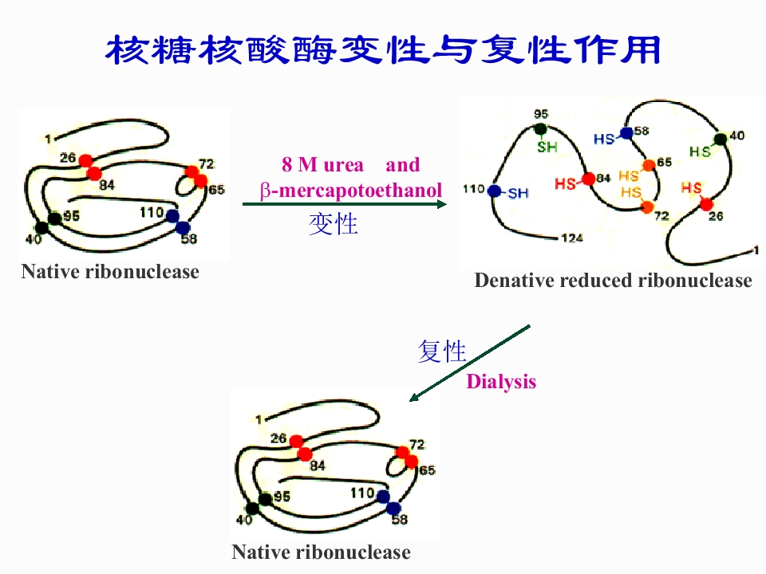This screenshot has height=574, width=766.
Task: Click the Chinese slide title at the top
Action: click(x=383, y=49)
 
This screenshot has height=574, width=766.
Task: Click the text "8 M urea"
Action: click(x=322, y=165)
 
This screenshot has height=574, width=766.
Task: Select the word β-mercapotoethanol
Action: click(x=351, y=191)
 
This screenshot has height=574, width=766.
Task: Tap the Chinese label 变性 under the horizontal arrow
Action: click(x=333, y=225)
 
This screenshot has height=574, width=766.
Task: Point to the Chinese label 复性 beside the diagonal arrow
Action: click(x=441, y=351)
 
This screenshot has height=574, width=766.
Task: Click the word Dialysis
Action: click(x=501, y=382)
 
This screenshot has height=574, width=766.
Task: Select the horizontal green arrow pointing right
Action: click(x=344, y=205)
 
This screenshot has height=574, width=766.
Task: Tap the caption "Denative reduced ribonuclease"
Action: click(x=613, y=281)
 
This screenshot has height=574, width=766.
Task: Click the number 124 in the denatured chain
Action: click(x=571, y=238)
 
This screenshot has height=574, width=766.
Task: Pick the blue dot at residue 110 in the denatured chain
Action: click(x=495, y=191)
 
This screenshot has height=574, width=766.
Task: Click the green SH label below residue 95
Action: click(x=547, y=147)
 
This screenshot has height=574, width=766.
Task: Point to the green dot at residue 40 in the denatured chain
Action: click(x=721, y=139)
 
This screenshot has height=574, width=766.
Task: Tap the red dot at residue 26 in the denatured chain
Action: click(x=706, y=204)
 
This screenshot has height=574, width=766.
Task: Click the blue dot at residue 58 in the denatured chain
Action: click(x=626, y=133)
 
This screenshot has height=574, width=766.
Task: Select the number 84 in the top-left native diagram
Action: click(x=108, y=185)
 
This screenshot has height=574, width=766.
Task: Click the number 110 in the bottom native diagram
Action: click(x=362, y=493)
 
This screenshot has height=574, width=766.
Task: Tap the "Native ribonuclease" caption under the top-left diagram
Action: click(x=110, y=272)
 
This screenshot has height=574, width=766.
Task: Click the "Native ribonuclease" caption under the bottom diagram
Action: click(x=321, y=552)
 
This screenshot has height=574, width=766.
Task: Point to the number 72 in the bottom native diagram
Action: click(x=417, y=444)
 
